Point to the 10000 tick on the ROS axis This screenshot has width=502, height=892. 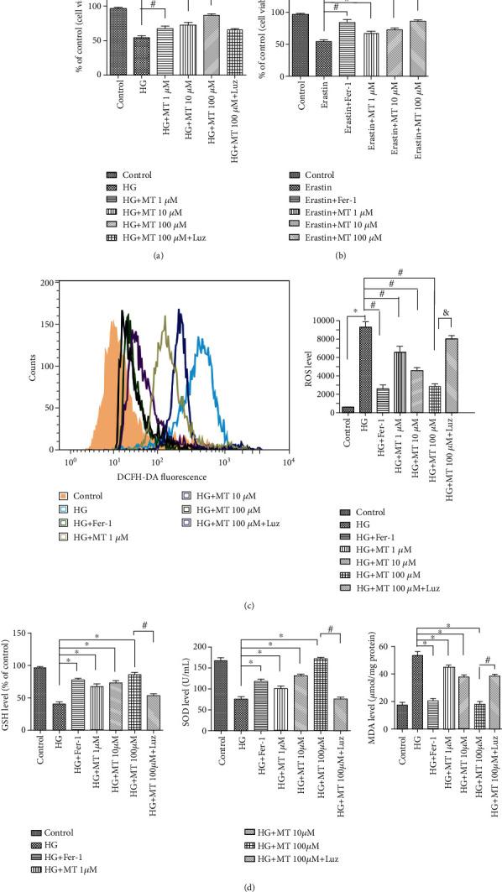(325, 321)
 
